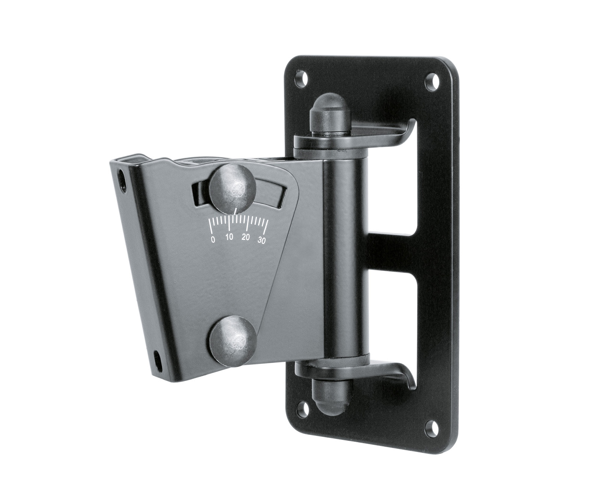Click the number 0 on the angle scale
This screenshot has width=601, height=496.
[x=213, y=239]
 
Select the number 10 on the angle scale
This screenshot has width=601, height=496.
[x=230, y=237]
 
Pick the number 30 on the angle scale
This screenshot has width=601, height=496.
[x=262, y=241]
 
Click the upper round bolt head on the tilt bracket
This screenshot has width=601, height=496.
[x=233, y=187]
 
